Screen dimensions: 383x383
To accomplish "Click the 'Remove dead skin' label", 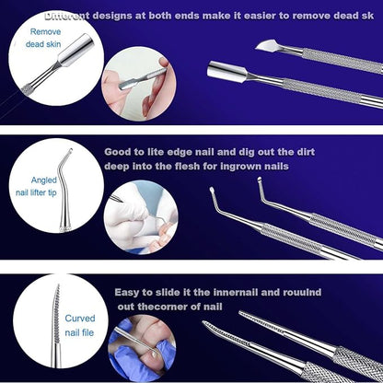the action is click(x=43, y=38).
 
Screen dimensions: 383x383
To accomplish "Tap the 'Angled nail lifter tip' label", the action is click(x=37, y=186).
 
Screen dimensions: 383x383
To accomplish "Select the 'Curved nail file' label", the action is click(x=79, y=325).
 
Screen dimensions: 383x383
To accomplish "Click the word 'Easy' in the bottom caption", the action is click(x=127, y=293).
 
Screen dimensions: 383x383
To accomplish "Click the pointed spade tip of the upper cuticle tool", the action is click(x=263, y=46).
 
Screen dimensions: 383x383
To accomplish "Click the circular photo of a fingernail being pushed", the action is click(x=139, y=84).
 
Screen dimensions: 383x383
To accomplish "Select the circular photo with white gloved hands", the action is click(x=141, y=217).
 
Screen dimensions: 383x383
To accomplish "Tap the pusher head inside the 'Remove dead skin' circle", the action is click(x=76, y=50).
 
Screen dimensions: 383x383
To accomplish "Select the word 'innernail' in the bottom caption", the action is click(x=236, y=292).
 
